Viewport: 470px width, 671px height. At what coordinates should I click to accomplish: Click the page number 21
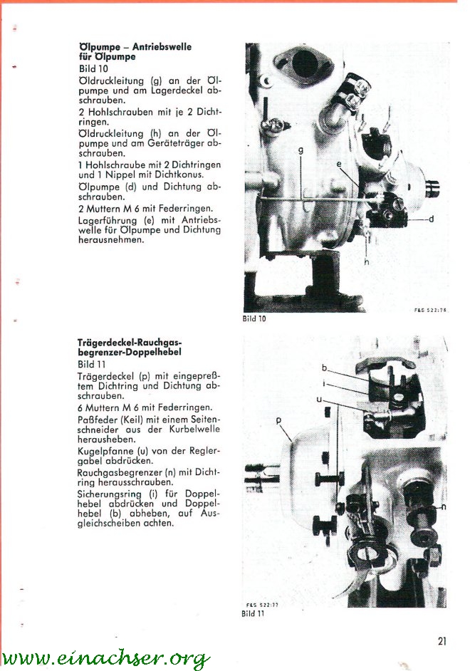pyautogui.click(x=442, y=640)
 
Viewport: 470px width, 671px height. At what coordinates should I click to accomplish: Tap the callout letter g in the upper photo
pyautogui.click(x=301, y=150)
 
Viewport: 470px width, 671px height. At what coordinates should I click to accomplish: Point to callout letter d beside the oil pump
pyautogui.click(x=431, y=219)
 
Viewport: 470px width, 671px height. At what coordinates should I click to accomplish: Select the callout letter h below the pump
pyautogui.click(x=367, y=261)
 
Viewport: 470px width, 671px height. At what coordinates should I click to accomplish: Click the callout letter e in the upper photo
pyautogui.click(x=339, y=164)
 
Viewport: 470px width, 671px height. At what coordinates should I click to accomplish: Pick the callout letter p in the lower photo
pyautogui.click(x=279, y=421)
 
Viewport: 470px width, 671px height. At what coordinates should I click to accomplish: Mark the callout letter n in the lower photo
pyautogui.click(x=444, y=506)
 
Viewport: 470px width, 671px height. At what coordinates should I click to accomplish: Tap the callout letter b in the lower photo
pyautogui.click(x=324, y=368)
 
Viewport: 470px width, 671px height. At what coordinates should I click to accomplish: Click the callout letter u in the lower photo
pyautogui.click(x=319, y=400)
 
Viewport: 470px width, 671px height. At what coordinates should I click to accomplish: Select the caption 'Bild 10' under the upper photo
pyautogui.click(x=254, y=318)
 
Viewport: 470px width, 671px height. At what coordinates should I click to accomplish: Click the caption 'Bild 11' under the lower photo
pyautogui.click(x=253, y=613)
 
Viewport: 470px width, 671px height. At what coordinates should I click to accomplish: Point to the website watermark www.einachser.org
pyautogui.click(x=105, y=658)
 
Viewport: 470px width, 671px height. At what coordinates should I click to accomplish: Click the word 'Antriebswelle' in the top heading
pyautogui.click(x=162, y=46)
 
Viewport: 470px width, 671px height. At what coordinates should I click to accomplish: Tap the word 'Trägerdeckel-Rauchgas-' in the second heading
pyautogui.click(x=130, y=343)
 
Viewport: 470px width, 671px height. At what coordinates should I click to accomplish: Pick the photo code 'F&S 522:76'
pyautogui.click(x=430, y=311)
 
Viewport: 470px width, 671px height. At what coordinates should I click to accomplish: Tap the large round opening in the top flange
pyautogui.click(x=305, y=63)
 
